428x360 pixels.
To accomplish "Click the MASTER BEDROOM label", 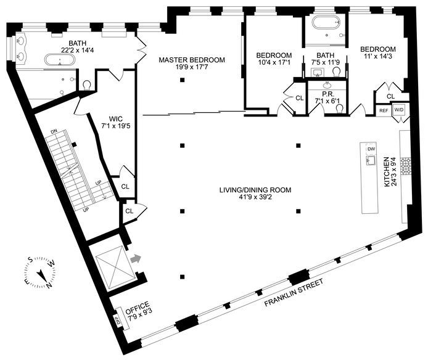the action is coord(192,60).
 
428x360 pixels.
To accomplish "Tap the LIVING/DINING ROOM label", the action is coord(255,190).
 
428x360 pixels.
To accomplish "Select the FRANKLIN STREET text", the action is coord(294,292).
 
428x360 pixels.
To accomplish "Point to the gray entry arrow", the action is coord(136,258).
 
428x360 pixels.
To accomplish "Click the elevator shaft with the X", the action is coord(115,266).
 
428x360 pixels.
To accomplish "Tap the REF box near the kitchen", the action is coord(384,110).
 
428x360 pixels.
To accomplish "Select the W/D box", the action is coord(398,110).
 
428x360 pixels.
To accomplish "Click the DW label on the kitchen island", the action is coord(371,149).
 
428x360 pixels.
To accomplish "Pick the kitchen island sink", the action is coord(371,160).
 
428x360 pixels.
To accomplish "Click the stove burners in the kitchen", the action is coord(405,166).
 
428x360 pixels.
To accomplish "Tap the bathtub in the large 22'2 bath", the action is coord(59,60).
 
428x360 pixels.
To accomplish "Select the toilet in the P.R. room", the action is coord(340,109).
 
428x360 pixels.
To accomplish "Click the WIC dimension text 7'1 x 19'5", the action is coord(115,126).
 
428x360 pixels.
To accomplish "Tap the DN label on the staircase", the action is coord(54,132).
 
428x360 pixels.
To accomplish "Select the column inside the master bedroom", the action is coord(183,80).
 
